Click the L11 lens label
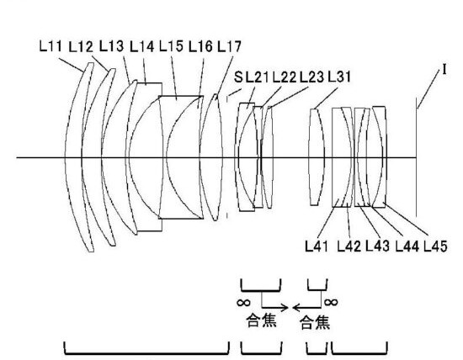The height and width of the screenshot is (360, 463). [x=51, y=46]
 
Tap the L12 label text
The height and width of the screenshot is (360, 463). [x=81, y=47]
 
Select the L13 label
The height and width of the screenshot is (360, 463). [x=111, y=46]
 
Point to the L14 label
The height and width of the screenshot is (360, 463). [x=141, y=46]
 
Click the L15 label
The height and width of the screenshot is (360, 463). [x=171, y=46]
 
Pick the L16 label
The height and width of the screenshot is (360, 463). [x=200, y=46]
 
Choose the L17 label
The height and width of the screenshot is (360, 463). [x=230, y=46]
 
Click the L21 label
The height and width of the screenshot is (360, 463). [x=258, y=77]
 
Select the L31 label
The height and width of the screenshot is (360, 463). [x=339, y=77]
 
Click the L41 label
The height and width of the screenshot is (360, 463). [x=317, y=246]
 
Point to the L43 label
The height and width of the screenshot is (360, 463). [x=377, y=246]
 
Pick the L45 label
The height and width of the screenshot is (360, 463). [x=436, y=246]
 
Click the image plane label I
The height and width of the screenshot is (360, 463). [x=444, y=70]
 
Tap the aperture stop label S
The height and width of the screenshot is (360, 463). [x=238, y=77]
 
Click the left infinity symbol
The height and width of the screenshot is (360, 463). [x=244, y=303]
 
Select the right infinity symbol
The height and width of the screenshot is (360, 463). [x=331, y=302]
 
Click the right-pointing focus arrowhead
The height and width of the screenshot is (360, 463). [x=285, y=308]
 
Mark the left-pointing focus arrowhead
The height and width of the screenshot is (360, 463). [x=297, y=308]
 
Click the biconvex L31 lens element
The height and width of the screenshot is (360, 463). [x=316, y=157]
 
